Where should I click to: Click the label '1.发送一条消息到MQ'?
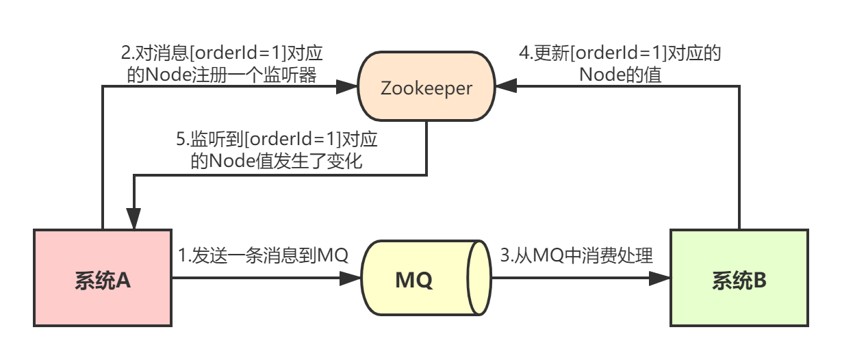(x=264, y=256)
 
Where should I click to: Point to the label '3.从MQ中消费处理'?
(x=576, y=256)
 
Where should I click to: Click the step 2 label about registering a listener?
(x=222, y=64)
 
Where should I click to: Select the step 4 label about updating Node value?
(x=620, y=64)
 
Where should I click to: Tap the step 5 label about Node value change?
(x=277, y=151)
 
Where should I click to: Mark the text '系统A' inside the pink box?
(x=103, y=280)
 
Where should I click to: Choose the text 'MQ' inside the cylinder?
(x=414, y=280)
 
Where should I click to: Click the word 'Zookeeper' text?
(x=426, y=88)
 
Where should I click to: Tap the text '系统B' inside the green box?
(x=739, y=280)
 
